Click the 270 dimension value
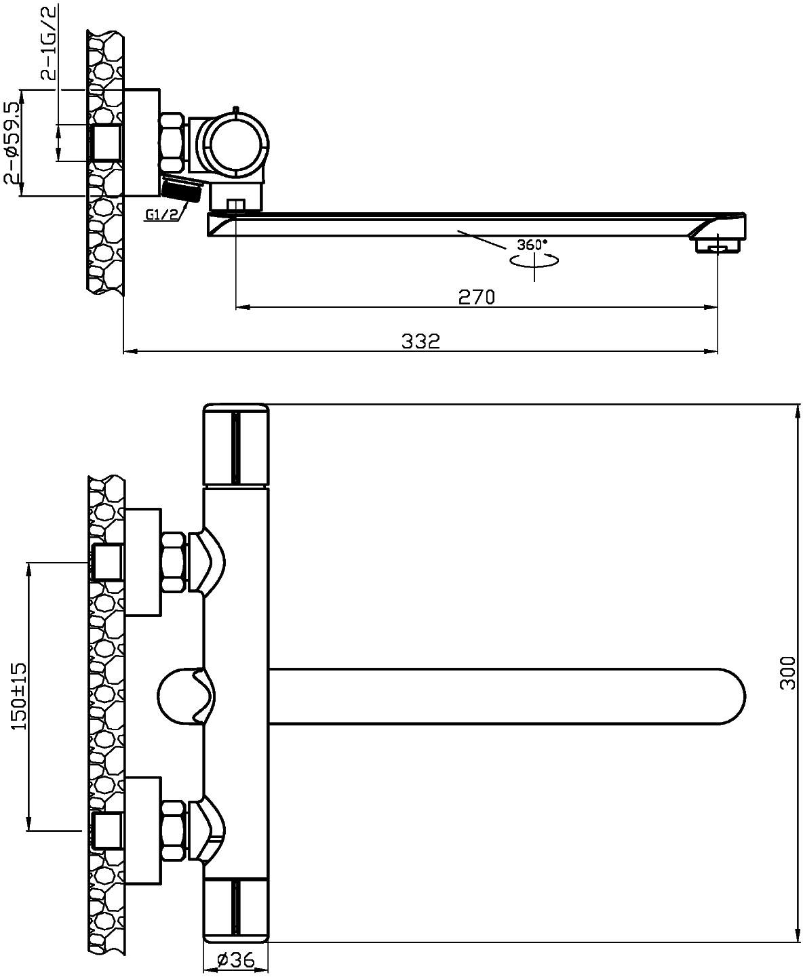(477, 297)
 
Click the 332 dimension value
(420, 341)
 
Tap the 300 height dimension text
(787, 673)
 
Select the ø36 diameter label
(236, 959)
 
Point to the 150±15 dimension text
(19, 696)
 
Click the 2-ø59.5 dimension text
(12, 144)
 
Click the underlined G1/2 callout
(161, 214)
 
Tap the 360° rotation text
(532, 245)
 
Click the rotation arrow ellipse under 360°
(534, 261)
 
